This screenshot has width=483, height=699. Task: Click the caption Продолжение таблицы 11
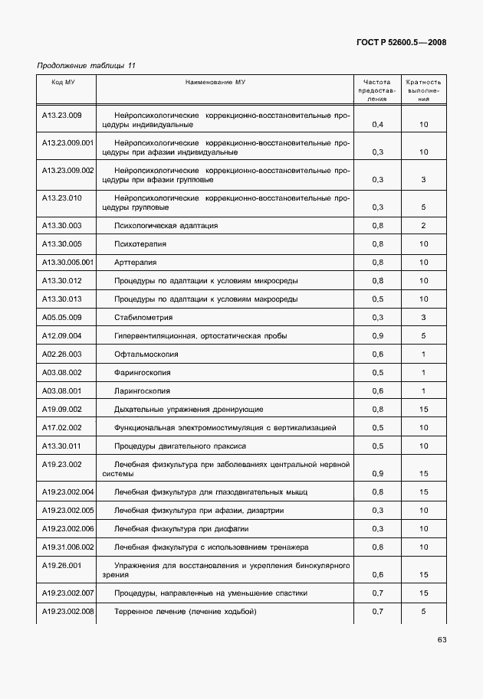[x=86, y=66]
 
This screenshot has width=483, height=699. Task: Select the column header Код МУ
[x=63, y=82]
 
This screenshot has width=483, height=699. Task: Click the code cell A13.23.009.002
[x=67, y=170]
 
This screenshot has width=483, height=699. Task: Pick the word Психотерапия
[x=140, y=243]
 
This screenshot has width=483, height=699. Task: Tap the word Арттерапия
[x=135, y=262]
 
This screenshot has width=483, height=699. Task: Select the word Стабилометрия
[x=143, y=317]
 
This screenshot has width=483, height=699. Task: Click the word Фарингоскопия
[x=143, y=372]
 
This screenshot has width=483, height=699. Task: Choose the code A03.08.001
[x=61, y=390]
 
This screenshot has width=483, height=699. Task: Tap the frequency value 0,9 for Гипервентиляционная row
[x=377, y=335]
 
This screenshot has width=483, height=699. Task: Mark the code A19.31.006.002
[x=67, y=547]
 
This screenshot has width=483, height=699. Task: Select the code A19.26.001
[x=61, y=565]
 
